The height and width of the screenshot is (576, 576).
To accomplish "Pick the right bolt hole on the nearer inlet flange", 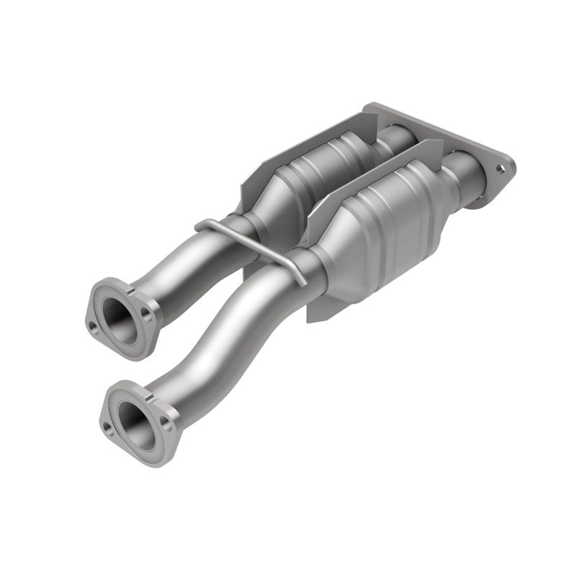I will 168,426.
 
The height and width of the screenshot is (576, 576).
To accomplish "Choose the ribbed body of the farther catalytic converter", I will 324,166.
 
